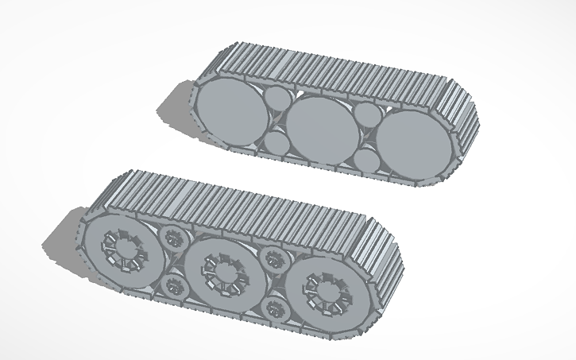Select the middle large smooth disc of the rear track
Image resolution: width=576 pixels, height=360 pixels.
click(320, 129)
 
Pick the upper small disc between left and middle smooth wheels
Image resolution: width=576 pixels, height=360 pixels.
click(277, 100)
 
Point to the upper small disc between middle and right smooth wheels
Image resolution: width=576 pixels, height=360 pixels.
click(368, 116)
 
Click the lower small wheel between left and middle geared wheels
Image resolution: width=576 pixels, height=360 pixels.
click(172, 285)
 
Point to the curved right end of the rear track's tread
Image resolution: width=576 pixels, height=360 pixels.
click(467, 127)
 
